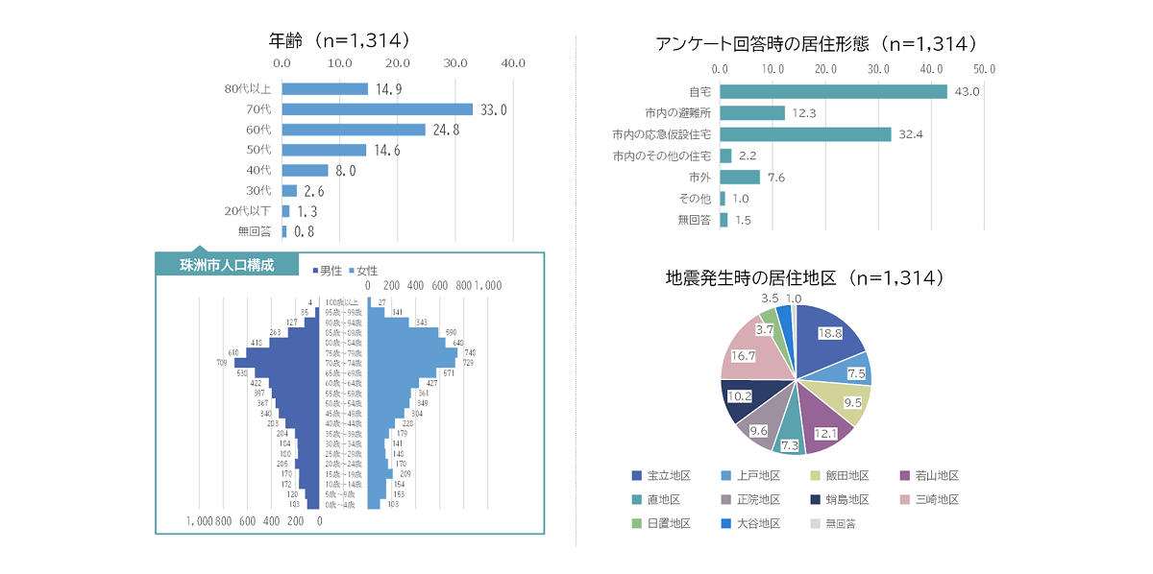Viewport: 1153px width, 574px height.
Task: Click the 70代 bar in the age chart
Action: (377, 109)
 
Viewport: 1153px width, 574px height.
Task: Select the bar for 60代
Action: (353, 130)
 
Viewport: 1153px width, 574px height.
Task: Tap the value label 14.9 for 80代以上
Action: (388, 90)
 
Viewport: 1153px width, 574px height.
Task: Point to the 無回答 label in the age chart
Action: (255, 231)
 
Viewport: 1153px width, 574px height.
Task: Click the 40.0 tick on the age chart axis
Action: (513, 63)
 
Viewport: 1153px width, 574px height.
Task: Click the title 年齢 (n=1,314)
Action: (341, 40)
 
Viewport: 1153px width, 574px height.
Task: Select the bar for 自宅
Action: (832, 91)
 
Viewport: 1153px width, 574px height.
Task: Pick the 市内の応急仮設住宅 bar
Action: (804, 134)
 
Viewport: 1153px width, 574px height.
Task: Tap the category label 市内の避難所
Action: (678, 113)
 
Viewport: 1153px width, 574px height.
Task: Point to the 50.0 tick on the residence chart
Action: (984, 70)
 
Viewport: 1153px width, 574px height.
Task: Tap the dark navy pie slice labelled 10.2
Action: (744, 395)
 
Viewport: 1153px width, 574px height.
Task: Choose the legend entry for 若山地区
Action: (929, 476)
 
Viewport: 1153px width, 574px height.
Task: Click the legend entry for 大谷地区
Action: (750, 524)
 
